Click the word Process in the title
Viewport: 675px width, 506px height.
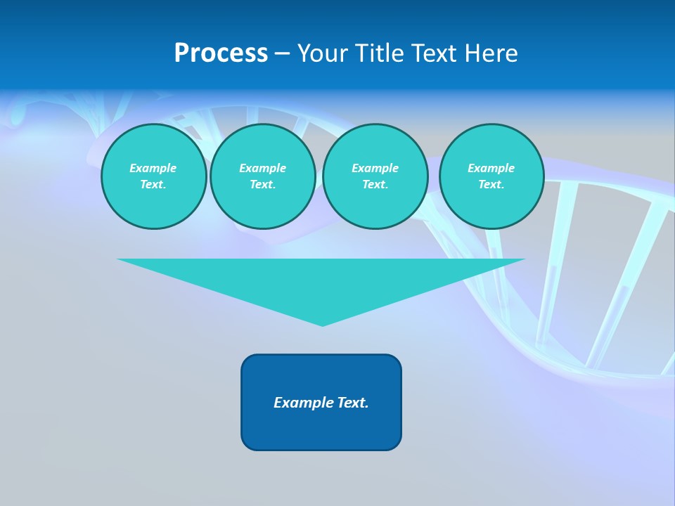(x=221, y=53)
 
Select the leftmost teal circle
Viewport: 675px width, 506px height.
(x=153, y=176)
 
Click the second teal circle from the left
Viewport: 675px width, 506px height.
(x=262, y=176)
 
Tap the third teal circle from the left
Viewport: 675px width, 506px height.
(x=375, y=176)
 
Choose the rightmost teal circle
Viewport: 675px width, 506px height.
(x=491, y=176)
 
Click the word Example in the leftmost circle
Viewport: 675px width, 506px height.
(x=153, y=168)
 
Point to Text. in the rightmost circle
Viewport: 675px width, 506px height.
(x=491, y=185)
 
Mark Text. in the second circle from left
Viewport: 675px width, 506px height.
(x=262, y=185)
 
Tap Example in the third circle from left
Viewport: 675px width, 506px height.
(x=375, y=168)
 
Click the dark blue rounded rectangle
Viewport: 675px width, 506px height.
(x=321, y=429)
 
